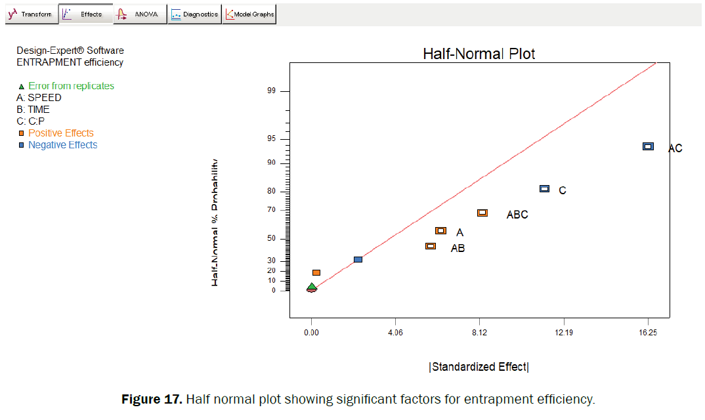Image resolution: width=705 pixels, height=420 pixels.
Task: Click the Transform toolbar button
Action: [30, 14]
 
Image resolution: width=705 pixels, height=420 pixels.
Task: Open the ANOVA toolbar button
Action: [139, 14]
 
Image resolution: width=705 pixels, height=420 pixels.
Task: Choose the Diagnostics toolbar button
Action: [194, 14]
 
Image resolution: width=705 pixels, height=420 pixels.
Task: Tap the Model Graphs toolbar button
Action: [249, 14]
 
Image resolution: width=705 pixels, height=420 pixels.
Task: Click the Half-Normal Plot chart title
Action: [479, 54]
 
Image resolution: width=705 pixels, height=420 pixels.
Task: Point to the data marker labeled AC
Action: [648, 146]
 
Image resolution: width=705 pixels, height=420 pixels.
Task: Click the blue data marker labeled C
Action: [544, 188]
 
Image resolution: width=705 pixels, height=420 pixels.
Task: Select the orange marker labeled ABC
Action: [482, 213]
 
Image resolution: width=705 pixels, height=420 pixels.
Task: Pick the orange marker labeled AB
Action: [431, 246]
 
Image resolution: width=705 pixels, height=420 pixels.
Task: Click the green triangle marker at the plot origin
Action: [312, 287]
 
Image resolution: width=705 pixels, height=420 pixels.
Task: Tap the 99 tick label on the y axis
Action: [270, 91]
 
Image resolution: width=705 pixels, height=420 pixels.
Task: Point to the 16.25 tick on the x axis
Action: [647, 333]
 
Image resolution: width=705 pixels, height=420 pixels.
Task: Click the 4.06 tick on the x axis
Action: [395, 333]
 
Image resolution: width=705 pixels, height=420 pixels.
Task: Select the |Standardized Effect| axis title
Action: [479, 367]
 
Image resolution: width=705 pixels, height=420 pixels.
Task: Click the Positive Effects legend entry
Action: [60, 133]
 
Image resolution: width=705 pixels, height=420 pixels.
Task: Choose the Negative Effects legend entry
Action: [62, 145]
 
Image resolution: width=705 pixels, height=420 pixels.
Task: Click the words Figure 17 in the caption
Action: [152, 399]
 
